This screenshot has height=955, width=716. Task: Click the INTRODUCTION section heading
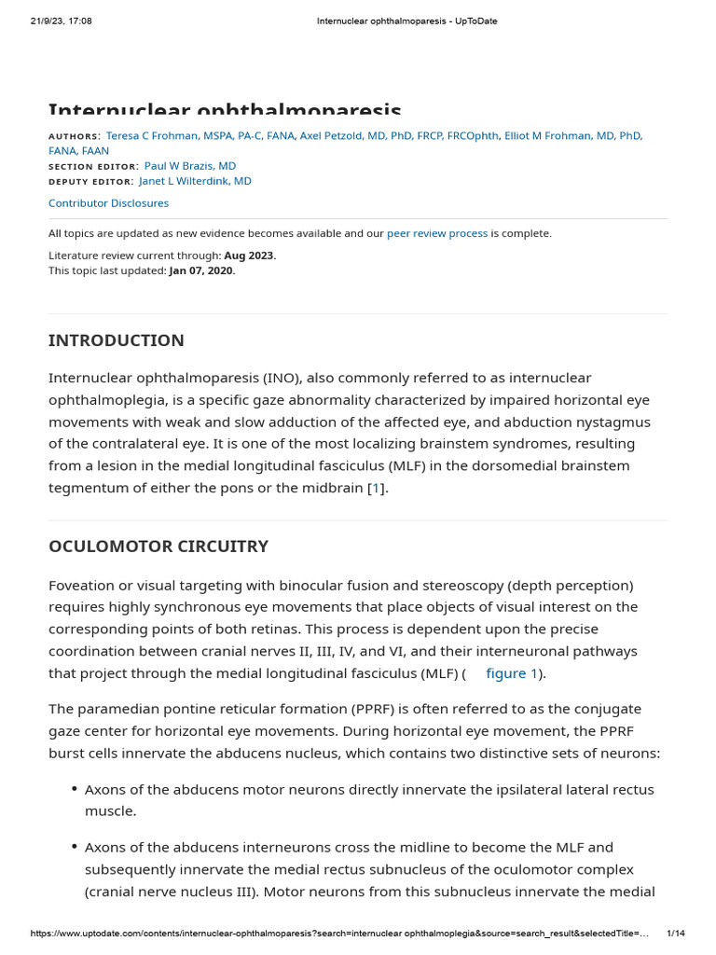[117, 340]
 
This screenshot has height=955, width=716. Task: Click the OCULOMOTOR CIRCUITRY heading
[158, 547]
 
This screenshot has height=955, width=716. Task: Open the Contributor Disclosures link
[108, 202]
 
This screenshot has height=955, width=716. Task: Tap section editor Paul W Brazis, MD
[190, 166]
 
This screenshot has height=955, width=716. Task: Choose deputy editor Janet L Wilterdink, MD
[195, 181]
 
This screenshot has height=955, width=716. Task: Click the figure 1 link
[511, 673]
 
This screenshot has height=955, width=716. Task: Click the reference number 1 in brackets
[376, 488]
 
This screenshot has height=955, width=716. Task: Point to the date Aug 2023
[249, 256]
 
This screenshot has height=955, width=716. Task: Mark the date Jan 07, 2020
[201, 270]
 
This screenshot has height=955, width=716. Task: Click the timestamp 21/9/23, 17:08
[62, 21]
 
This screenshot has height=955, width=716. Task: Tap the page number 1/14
[676, 934]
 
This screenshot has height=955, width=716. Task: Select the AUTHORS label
[74, 136]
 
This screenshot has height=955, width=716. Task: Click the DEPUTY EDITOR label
[90, 182]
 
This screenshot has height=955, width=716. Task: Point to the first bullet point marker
[75, 790]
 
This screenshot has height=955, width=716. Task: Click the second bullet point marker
[75, 848]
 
